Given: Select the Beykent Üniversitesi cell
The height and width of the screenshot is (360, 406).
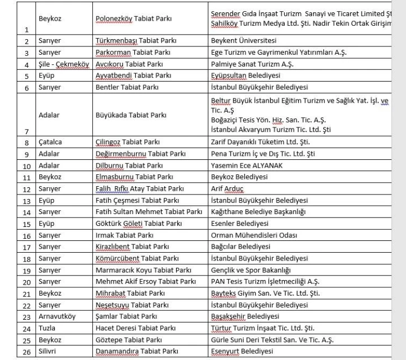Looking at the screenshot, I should [244, 41].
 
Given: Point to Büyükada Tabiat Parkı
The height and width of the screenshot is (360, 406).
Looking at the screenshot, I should [131, 115].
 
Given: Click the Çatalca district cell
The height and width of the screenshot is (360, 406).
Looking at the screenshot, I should [50, 142].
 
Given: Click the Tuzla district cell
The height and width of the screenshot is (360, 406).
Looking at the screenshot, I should [47, 328].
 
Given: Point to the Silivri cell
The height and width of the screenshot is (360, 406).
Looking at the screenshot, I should [49, 351].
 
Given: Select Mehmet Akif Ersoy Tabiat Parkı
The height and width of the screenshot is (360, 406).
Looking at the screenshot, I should [145, 281].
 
